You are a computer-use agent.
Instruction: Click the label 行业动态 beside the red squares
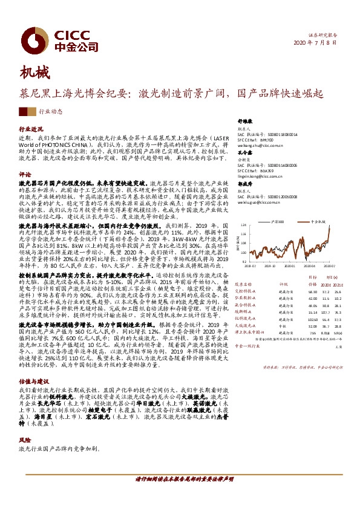coord(51,112)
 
